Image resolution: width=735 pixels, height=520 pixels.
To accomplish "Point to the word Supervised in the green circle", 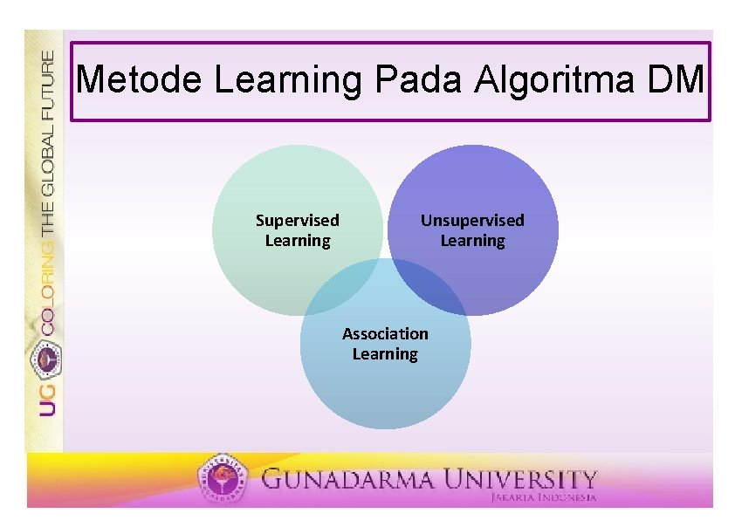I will pyautogui.click(x=297, y=221).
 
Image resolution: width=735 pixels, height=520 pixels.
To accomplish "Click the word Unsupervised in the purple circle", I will pyautogui.click(x=472, y=221).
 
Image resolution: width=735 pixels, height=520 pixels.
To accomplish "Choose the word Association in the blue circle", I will pyautogui.click(x=385, y=334).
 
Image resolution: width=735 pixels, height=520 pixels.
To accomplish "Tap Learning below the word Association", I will pyautogui.click(x=385, y=354).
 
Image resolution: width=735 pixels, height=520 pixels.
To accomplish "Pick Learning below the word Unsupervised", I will pyautogui.click(x=472, y=241).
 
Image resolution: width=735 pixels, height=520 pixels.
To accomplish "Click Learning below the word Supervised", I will pyautogui.click(x=298, y=241).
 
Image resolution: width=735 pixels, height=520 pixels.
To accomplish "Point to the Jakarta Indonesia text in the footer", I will pyautogui.click(x=542, y=497).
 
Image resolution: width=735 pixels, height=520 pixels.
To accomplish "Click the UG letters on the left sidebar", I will pyautogui.click(x=46, y=398).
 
